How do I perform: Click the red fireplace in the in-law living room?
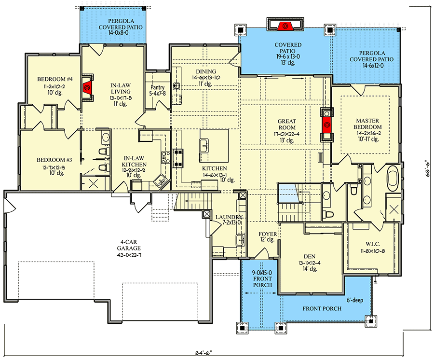coord(87,87)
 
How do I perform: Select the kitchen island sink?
coord(204,144)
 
